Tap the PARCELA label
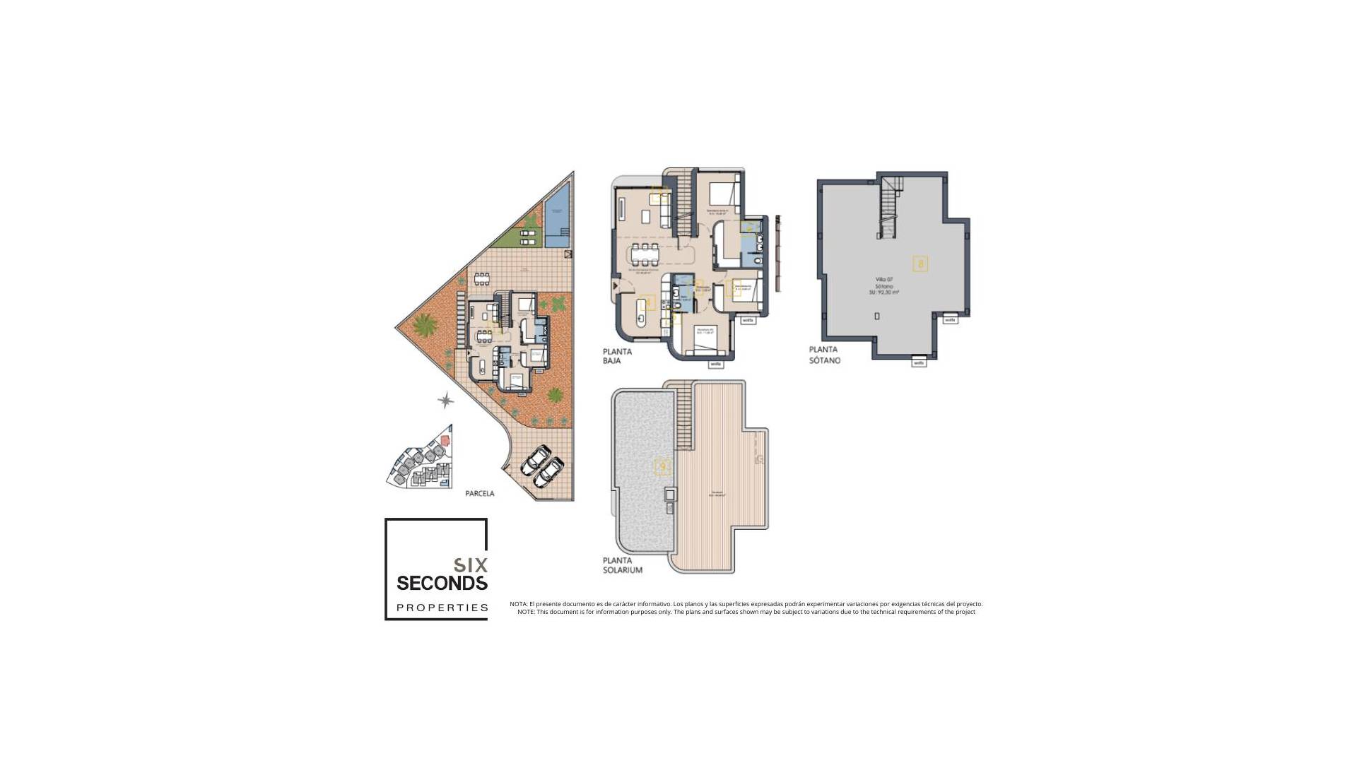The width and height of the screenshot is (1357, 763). click(480, 494)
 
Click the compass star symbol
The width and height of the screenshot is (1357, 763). click(445, 401)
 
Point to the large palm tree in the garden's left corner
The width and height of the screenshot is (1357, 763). click(424, 326)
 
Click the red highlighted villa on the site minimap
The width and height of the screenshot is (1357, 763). click(445, 439)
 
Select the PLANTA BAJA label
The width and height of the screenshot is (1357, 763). click(616, 356)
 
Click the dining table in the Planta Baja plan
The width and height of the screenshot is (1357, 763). click(645, 250)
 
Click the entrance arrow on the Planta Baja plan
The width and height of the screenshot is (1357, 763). click(616, 285)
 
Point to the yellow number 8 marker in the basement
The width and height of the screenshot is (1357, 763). click(920, 264)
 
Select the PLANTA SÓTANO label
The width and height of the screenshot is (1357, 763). click(824, 355)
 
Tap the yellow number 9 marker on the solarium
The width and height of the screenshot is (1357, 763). click(662, 466)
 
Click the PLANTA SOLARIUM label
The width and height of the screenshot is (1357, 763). click(622, 565)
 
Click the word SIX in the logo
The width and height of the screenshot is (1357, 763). click(470, 565)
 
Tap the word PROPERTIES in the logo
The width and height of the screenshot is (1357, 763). click(442, 608)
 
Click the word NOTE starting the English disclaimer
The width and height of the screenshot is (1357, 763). click(525, 612)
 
